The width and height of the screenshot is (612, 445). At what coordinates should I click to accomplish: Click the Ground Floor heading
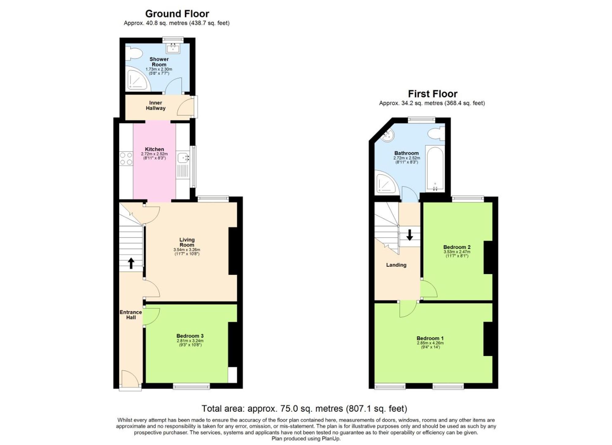(x=177, y=14)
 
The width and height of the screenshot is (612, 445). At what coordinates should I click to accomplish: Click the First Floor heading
(x=432, y=94)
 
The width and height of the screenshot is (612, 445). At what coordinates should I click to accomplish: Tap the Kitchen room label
(x=154, y=149)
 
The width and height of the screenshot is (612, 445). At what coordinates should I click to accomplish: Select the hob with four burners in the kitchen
(x=126, y=159)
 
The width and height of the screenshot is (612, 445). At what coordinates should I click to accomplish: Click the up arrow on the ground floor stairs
(x=131, y=263)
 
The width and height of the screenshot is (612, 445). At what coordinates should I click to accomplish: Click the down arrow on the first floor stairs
(x=409, y=235)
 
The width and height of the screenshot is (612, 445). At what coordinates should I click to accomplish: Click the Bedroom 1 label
(x=430, y=338)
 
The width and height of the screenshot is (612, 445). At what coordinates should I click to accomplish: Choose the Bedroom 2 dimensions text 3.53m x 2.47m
(x=457, y=252)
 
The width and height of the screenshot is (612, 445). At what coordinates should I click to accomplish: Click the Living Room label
(x=187, y=242)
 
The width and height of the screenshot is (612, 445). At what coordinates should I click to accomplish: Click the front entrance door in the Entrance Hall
(x=131, y=379)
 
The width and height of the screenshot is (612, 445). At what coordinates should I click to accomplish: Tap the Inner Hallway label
(x=155, y=106)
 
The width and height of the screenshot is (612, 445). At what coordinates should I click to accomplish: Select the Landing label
(x=396, y=265)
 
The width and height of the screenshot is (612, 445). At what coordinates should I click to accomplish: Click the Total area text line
(x=304, y=409)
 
